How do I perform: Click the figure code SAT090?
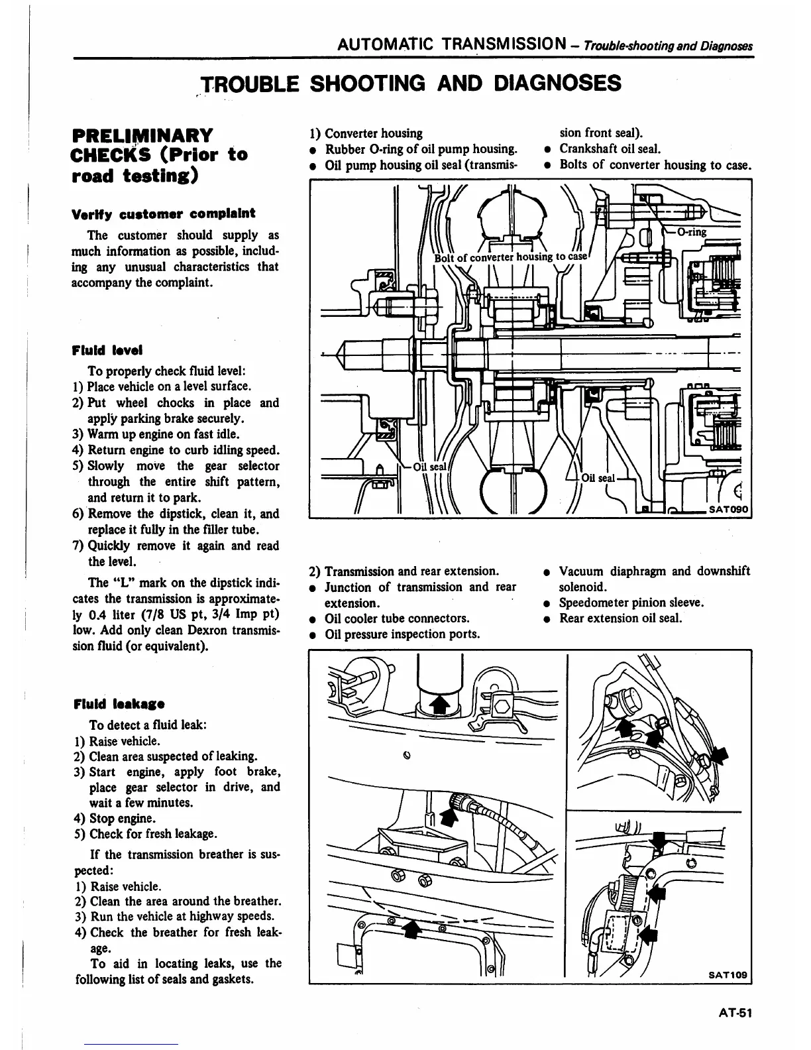[727, 509]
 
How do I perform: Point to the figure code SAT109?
[727, 974]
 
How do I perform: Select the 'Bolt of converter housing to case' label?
[511, 257]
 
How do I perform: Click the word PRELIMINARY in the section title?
[142, 135]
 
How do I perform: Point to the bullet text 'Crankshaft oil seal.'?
[610, 149]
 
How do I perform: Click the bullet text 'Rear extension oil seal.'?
[620, 618]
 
